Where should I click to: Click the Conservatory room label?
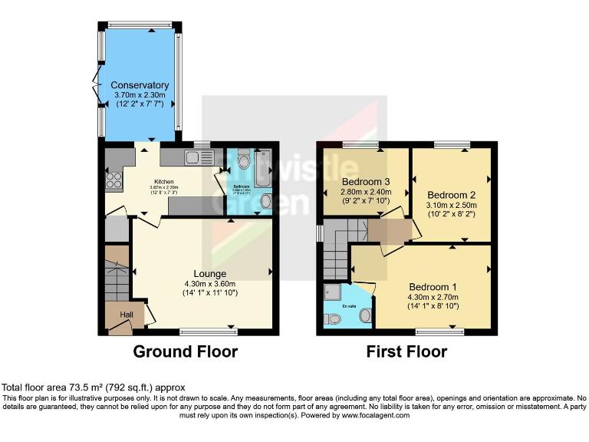click(x=139, y=85)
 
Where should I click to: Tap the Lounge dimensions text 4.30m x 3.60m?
click(x=209, y=284)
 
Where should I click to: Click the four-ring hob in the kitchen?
click(x=115, y=181)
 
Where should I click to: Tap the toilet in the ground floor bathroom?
click(x=243, y=160)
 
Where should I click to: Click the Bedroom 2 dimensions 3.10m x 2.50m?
click(x=452, y=205)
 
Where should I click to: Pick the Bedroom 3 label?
click(x=366, y=182)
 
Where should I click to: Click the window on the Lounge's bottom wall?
click(x=208, y=331)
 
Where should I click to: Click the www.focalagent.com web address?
click(x=367, y=415)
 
